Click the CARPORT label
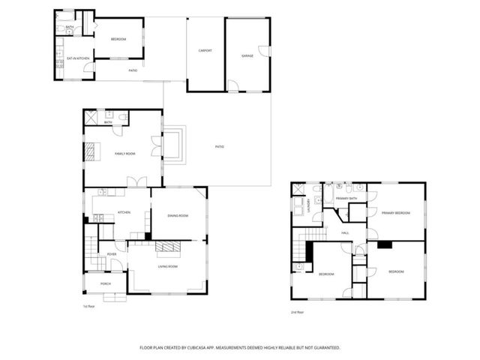point(205,51)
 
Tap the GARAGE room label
point(247,55)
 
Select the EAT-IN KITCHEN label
point(77,58)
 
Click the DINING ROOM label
point(178,216)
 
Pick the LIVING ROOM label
point(167,266)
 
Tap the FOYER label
point(112,254)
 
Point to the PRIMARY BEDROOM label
point(395,213)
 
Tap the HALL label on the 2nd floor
point(346,233)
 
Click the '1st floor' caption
point(88,306)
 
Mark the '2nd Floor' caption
point(297,311)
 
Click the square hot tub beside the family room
point(172,145)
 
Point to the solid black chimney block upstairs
point(385,244)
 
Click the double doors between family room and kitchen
point(136,182)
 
